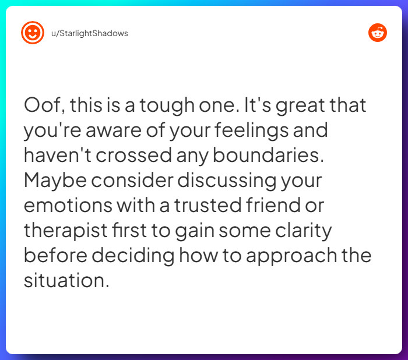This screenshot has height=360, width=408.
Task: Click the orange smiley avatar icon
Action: (x=33, y=33)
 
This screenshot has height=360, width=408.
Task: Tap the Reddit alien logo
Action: (x=378, y=33)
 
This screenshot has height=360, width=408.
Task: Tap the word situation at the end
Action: (x=66, y=280)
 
